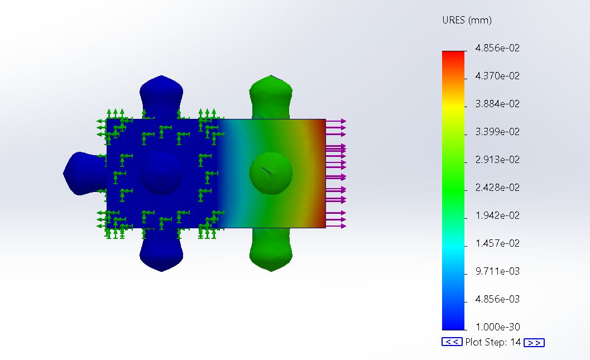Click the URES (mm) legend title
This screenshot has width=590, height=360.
(x=467, y=20)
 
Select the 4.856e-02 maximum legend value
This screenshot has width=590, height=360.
(x=497, y=48)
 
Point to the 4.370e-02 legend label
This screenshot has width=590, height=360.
(x=497, y=76)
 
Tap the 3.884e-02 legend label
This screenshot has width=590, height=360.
(x=497, y=104)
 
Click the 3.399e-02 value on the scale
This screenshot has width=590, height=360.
(x=497, y=132)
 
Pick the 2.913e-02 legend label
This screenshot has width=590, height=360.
(x=497, y=160)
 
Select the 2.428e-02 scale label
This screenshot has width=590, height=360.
(x=497, y=188)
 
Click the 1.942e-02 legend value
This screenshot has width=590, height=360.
(x=497, y=215)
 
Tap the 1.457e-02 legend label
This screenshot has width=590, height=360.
(x=497, y=243)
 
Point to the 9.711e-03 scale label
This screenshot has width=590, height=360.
(x=497, y=271)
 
